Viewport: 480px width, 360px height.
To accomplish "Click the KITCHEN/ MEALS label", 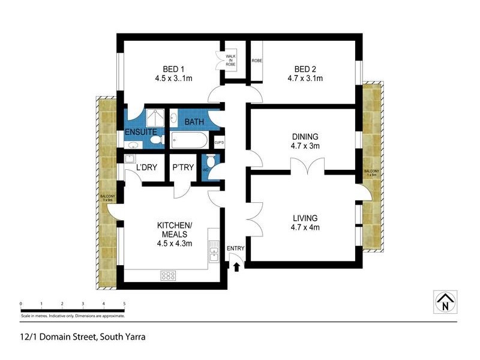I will click(x=174, y=229).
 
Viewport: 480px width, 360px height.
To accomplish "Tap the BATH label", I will click(x=194, y=122).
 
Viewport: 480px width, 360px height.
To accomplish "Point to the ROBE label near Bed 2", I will click(x=257, y=61).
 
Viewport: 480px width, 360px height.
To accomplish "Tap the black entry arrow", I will click(x=236, y=266).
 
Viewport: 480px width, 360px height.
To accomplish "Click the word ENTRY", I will click(x=235, y=248).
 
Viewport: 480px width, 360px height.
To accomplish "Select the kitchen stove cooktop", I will click(x=169, y=276).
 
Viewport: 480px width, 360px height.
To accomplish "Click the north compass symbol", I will click(x=445, y=301).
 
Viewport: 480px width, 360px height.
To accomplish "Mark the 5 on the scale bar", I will click(x=124, y=304).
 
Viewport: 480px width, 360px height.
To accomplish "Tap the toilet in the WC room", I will click(x=210, y=162).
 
